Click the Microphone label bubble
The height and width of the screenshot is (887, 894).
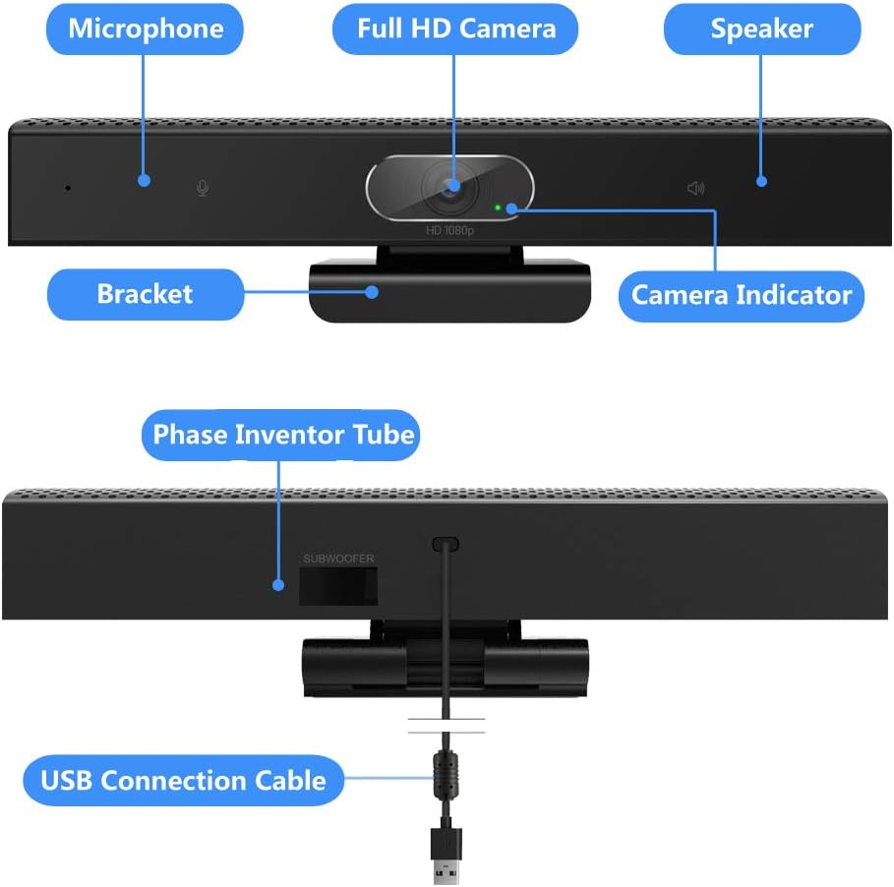(146, 29)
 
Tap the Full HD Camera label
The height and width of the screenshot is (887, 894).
(456, 29)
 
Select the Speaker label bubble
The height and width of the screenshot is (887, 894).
(761, 29)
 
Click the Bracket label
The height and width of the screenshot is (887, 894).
(145, 294)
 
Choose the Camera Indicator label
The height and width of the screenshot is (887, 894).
(741, 295)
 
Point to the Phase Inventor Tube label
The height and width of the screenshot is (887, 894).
(283, 435)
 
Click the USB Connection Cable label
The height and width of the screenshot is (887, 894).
(183, 781)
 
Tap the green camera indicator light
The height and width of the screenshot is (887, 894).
(499, 207)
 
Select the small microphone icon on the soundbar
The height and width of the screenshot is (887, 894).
(203, 188)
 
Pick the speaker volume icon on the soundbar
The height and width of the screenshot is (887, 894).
(695, 188)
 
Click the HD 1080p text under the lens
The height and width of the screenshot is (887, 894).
(449, 231)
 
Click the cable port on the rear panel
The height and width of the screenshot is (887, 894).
(447, 543)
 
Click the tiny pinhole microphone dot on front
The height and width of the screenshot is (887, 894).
(68, 187)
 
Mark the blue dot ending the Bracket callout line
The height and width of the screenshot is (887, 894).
(373, 291)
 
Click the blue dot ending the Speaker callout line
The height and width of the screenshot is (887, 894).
(761, 180)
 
